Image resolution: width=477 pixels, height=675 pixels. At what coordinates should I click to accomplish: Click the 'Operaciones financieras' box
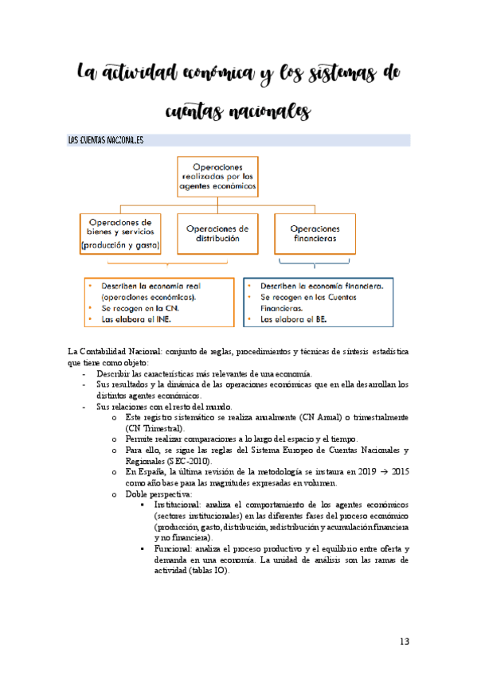[x=314, y=232]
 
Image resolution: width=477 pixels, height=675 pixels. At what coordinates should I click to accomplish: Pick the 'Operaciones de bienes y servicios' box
[x=121, y=232]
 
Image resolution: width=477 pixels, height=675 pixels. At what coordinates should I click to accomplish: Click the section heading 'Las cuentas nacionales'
[x=105, y=140]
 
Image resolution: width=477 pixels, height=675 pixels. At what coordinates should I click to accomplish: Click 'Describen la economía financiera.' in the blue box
[x=322, y=285]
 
